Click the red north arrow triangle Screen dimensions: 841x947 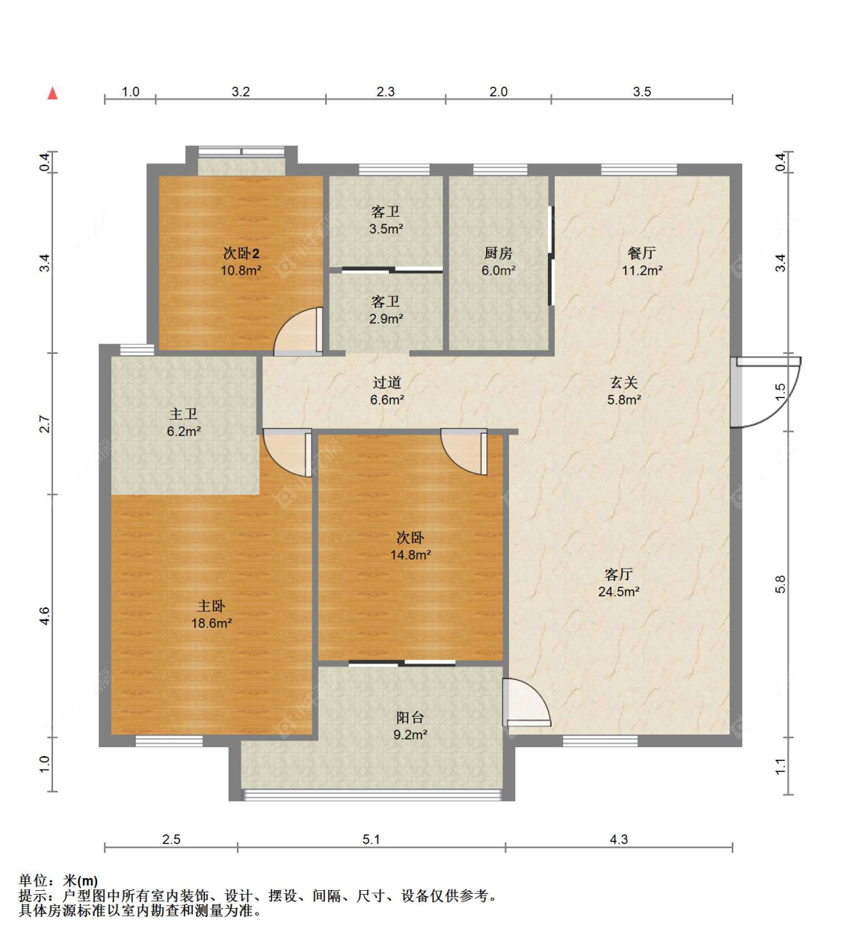[x=53, y=94]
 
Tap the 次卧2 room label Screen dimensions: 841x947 [x=241, y=254]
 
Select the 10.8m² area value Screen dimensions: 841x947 [x=241, y=271]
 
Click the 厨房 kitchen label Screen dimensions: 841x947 [x=498, y=253]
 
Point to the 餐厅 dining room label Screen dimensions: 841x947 [x=641, y=253]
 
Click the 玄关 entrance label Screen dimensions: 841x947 [x=623, y=382]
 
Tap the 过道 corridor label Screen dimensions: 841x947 [x=387, y=382]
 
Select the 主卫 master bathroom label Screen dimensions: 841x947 [x=183, y=414]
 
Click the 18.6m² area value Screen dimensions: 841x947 [x=211, y=623]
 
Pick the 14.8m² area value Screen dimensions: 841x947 [x=410, y=555]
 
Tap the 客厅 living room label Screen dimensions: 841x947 [x=619, y=574]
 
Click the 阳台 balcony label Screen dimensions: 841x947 [x=410, y=717]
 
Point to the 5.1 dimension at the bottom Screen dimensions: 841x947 [x=371, y=839]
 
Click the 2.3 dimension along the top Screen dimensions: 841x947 [x=386, y=91]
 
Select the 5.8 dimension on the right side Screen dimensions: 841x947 [x=780, y=584]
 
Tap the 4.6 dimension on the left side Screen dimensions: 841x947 [x=44, y=616]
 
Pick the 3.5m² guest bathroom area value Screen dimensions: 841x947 [x=386, y=229]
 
